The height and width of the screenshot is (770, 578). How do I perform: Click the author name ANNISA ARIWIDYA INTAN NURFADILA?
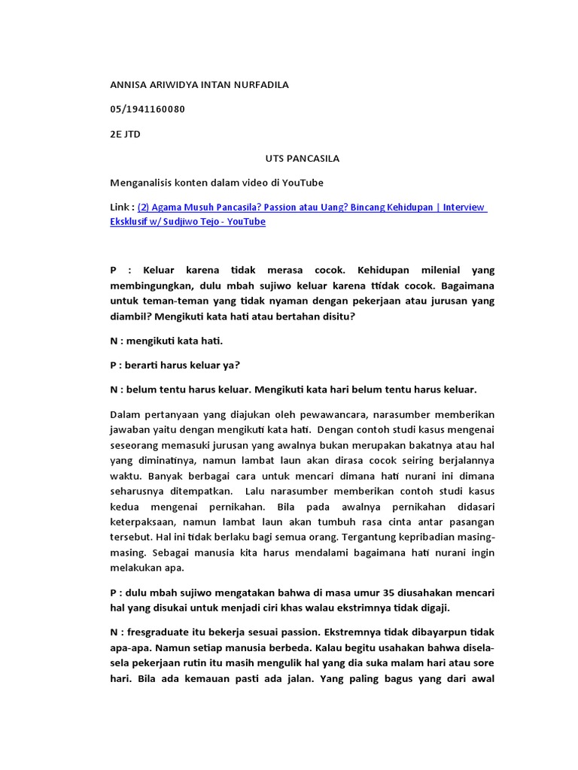tap(199, 85)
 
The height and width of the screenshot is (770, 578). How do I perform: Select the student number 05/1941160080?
tap(148, 110)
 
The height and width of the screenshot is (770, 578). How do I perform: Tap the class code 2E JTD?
tap(125, 135)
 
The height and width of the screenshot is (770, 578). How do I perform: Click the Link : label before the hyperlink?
tap(122, 208)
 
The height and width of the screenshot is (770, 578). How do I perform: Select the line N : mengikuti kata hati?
tap(166, 341)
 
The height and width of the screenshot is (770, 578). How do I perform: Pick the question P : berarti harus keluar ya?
tap(175, 365)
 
